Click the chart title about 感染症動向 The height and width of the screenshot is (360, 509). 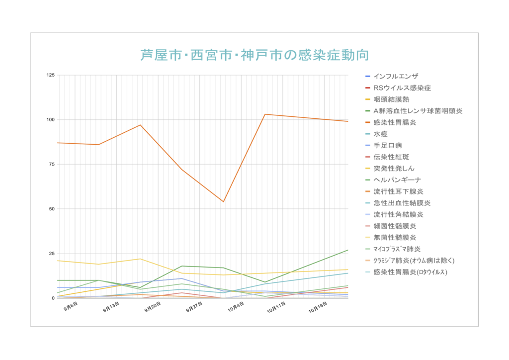(x=254, y=54)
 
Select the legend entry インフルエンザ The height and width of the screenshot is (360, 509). (x=396, y=77)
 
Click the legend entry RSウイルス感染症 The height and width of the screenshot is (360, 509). (x=402, y=88)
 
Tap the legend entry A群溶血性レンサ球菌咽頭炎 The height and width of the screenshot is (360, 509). (x=418, y=111)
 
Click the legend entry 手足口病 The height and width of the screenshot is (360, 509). (x=387, y=145)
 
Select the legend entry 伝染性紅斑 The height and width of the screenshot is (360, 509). (x=391, y=157)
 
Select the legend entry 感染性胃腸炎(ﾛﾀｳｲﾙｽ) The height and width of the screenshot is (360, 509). (x=410, y=272)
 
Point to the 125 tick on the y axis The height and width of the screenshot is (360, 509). (x=50, y=75)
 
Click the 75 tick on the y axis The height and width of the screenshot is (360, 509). (x=52, y=165)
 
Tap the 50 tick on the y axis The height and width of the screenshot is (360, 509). (x=52, y=209)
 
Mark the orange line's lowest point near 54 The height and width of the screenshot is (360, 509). (x=223, y=201)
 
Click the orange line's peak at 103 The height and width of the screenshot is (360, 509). (x=265, y=114)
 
